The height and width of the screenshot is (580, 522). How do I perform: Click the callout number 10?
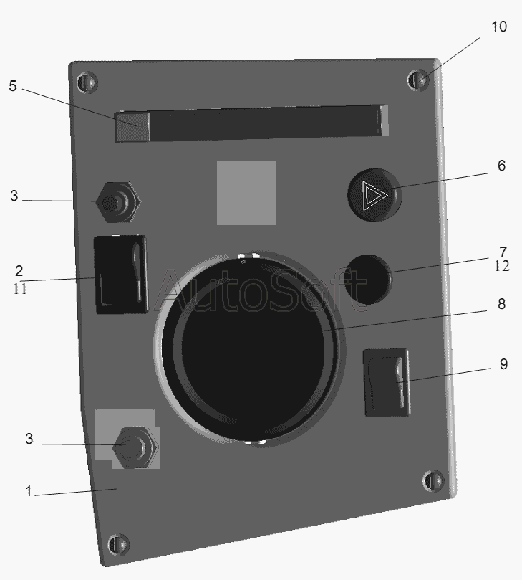pyautogui.click(x=498, y=27)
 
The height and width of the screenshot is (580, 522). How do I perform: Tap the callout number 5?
pyautogui.click(x=13, y=86)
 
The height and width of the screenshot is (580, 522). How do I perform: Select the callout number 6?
pyautogui.click(x=501, y=166)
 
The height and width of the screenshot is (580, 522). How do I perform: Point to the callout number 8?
pyautogui.click(x=501, y=304)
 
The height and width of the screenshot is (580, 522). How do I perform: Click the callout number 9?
pyautogui.click(x=503, y=364)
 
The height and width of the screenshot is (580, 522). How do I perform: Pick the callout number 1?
pyautogui.click(x=29, y=491)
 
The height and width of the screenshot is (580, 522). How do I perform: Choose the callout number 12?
pyautogui.click(x=502, y=266)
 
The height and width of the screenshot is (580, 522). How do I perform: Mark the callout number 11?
pyautogui.click(x=20, y=288)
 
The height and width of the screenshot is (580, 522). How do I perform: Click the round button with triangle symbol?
pyautogui.click(x=374, y=195)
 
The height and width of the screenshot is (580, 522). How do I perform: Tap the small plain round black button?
pyautogui.click(x=368, y=280)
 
